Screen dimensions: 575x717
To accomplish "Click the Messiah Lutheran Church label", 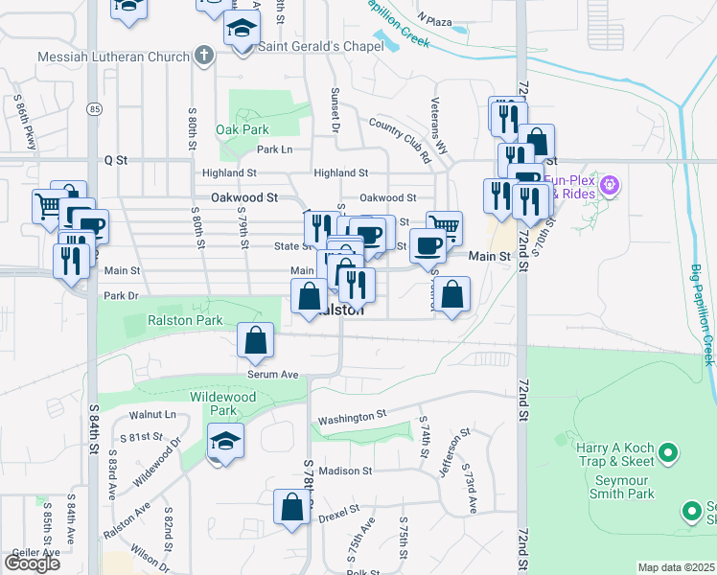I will [x=113, y=57].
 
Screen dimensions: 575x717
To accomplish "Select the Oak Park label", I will [x=243, y=129].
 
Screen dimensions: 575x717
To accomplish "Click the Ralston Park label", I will [x=185, y=320].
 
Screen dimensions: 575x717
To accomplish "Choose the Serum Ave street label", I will [x=273, y=375].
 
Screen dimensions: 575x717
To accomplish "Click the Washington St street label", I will [x=352, y=418].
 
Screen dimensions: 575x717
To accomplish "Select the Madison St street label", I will [x=345, y=471].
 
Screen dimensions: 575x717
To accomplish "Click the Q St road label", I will [x=116, y=160].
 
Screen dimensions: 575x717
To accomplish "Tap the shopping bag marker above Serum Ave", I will [x=256, y=340].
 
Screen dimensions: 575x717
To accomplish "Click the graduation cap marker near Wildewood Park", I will [x=225, y=441].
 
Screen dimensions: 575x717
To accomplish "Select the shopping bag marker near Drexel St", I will [x=291, y=508].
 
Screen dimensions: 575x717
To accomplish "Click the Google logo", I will [x=32, y=563].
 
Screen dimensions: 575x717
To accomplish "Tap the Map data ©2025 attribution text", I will [x=677, y=567].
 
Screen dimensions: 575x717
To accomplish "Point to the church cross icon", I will [x=203, y=57].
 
